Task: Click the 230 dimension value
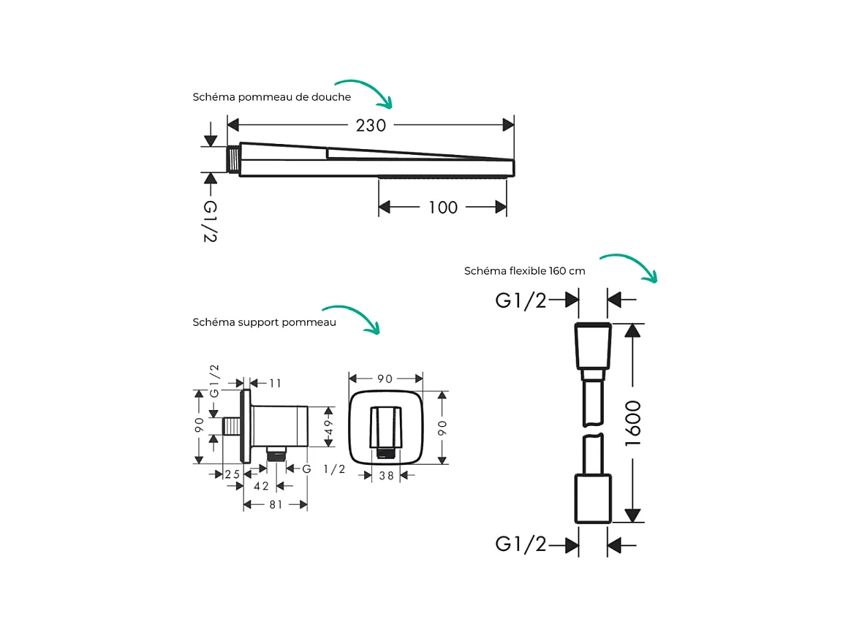pyautogui.click(x=371, y=125)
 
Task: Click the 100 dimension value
pyautogui.click(x=443, y=208)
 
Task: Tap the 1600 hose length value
pyautogui.click(x=633, y=424)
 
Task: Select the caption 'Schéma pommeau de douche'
pyautogui.click(x=271, y=97)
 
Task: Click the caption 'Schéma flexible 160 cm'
pyautogui.click(x=524, y=270)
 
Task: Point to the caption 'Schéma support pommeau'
pyautogui.click(x=265, y=322)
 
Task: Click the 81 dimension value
pyautogui.click(x=276, y=505)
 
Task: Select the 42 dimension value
pyautogui.click(x=261, y=486)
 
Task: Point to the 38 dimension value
pyautogui.click(x=387, y=476)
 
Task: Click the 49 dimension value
pyautogui.click(x=328, y=426)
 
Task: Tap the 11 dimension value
pyautogui.click(x=275, y=384)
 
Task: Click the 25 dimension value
pyautogui.click(x=232, y=474)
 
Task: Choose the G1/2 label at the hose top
pyautogui.click(x=521, y=300)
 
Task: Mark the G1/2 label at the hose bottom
pyautogui.click(x=521, y=544)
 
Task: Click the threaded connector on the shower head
pyautogui.click(x=233, y=159)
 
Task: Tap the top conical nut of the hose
pyautogui.click(x=593, y=346)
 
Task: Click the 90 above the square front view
pyautogui.click(x=385, y=379)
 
